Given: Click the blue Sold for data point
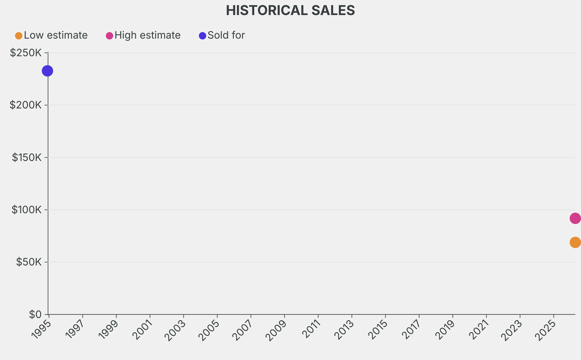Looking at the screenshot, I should [48, 71].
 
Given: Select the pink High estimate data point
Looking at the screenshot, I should [575, 219].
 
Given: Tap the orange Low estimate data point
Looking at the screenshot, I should [575, 242].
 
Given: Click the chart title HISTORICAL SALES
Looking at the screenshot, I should [290, 10].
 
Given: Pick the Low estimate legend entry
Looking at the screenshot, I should [52, 35].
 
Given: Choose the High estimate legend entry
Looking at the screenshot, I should [144, 35].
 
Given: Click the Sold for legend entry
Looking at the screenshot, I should [222, 35].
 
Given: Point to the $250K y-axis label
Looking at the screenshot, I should [26, 53].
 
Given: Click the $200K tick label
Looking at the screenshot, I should [26, 105].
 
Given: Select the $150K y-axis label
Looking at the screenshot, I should [27, 157].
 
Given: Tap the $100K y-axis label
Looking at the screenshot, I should [26, 210].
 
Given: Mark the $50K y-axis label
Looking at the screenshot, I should [28, 262].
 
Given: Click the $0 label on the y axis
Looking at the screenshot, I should [35, 315].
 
